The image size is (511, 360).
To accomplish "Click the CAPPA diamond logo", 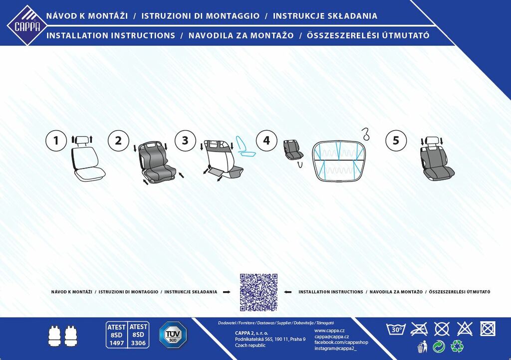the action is (x=27, y=25).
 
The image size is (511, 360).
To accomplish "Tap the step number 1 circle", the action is (x=56, y=141).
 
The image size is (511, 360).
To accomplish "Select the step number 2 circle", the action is (x=118, y=141).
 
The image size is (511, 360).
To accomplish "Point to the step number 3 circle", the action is (x=185, y=141).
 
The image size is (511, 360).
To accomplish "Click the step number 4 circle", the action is (x=266, y=141).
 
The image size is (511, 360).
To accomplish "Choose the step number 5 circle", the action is (x=396, y=141).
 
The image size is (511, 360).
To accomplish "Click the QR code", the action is (x=258, y=292).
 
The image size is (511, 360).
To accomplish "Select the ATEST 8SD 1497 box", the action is (x=117, y=335).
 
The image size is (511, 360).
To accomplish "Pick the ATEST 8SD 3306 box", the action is (x=139, y=335).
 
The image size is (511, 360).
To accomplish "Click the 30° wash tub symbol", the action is (x=396, y=329).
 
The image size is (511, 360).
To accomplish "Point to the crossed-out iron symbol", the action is (x=419, y=329).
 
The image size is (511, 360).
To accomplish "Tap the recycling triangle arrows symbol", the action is (x=457, y=346).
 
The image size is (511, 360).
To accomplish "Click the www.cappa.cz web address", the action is (x=329, y=331).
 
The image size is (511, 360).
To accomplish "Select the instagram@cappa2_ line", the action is (x=335, y=349).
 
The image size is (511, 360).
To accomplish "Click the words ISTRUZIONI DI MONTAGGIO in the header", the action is (x=201, y=16).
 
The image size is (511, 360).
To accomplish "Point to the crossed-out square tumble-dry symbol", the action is (x=488, y=329).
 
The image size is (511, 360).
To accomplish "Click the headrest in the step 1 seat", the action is (x=81, y=141).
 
